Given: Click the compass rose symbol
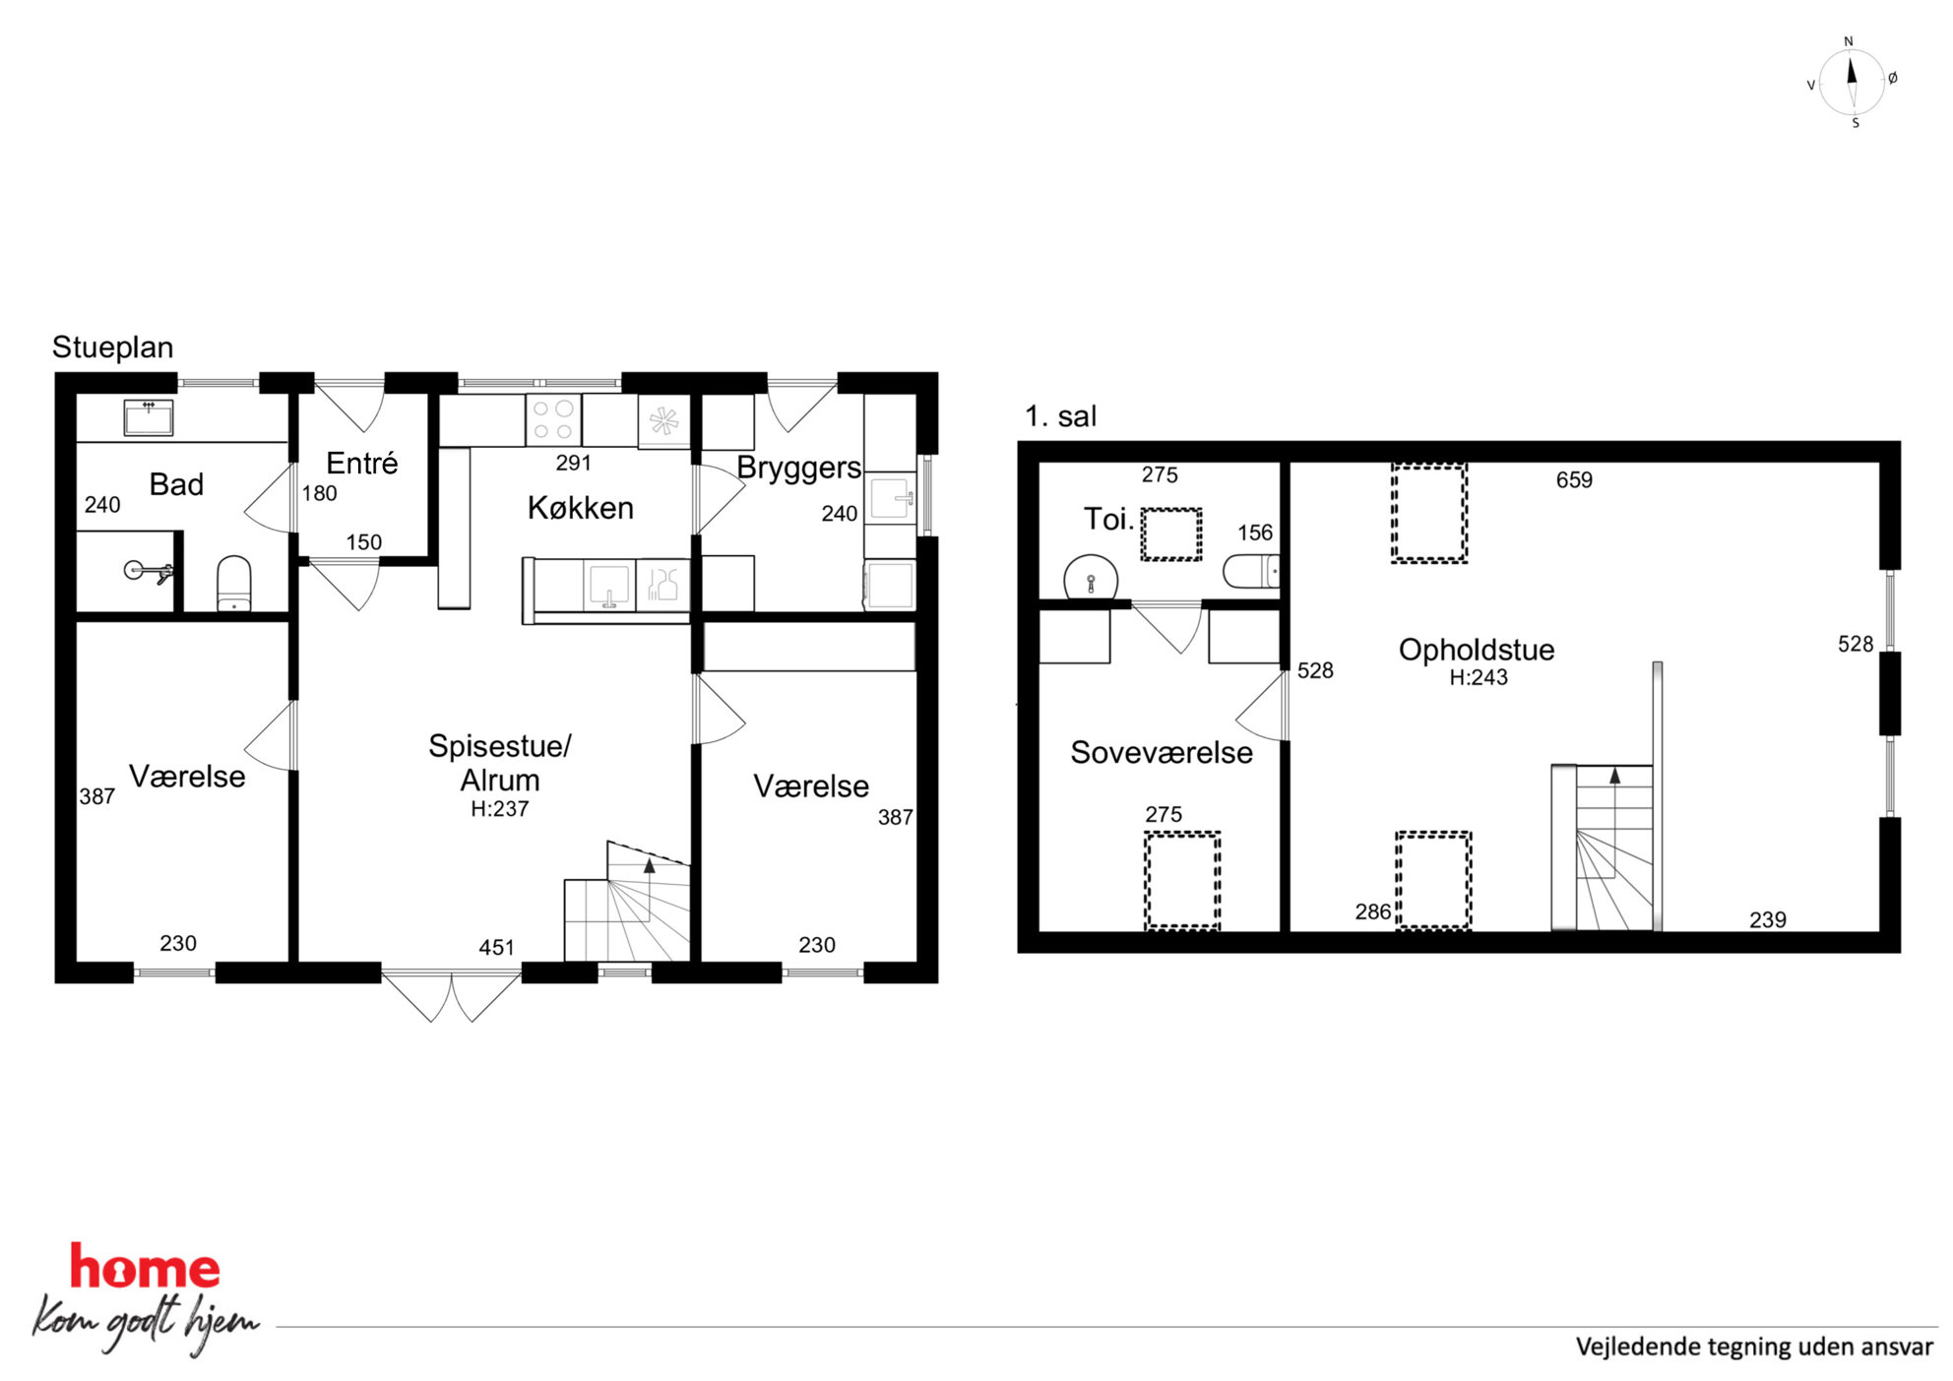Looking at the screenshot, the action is tap(1852, 82).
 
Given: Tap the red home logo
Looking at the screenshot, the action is tap(145, 1267).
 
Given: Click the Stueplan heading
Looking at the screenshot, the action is tap(112, 347).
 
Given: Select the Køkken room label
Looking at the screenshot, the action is tap(581, 508).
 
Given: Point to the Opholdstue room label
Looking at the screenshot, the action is tap(1477, 650).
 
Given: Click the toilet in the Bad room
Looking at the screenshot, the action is tap(234, 583).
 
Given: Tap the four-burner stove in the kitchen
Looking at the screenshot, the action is tap(553, 419).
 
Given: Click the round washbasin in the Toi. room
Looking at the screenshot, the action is tap(1091, 578).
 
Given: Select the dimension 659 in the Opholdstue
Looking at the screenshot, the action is tap(1574, 480).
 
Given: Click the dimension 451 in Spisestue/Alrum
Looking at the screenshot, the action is tap(496, 947).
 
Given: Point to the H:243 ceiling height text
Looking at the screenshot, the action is tap(1479, 677).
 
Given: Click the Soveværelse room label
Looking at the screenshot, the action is tap(1162, 753).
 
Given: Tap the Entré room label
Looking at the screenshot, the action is tap(362, 463).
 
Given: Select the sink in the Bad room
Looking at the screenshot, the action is tap(149, 417).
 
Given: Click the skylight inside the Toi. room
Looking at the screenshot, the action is tap(1171, 534).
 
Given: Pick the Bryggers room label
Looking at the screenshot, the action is tap(798, 469).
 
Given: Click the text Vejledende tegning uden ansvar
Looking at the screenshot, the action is tap(1754, 1348).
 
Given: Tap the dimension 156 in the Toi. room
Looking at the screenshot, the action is tap(1255, 533).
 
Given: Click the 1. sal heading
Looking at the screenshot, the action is tap(1060, 416).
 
